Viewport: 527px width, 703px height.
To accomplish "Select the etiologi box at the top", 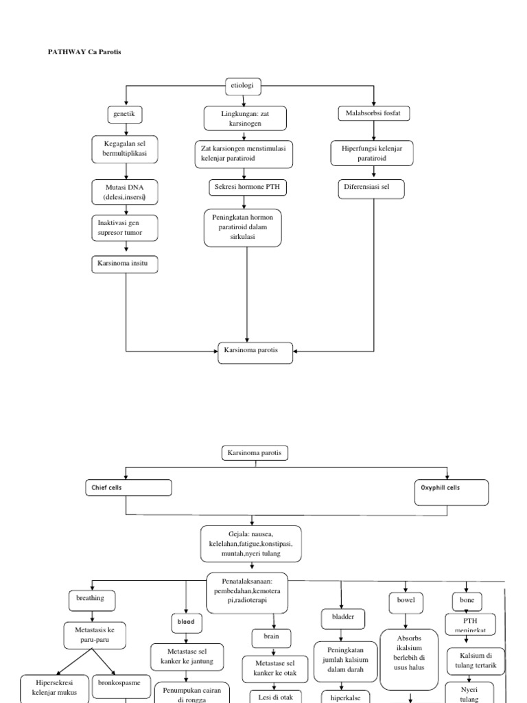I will pyautogui.click(x=243, y=87).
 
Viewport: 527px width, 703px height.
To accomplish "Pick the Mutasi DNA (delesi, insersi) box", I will pyautogui.click(x=126, y=192).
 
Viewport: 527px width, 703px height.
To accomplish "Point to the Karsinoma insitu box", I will pyautogui.click(x=125, y=264).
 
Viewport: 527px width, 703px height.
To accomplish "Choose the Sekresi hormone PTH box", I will pyautogui.click(x=246, y=188).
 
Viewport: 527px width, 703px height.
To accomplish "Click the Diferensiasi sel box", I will pyautogui.click(x=371, y=188).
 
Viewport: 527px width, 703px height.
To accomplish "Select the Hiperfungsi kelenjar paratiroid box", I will pyautogui.click(x=371, y=154).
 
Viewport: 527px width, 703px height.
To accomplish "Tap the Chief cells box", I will pyautogui.click(x=128, y=488).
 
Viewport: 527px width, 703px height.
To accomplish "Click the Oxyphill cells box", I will pyautogui.click(x=451, y=492).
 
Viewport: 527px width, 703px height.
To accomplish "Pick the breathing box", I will pyautogui.click(x=90, y=599).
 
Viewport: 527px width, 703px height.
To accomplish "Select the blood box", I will pyautogui.click(x=187, y=622).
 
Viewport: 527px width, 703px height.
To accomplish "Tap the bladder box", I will pyautogui.click(x=342, y=618).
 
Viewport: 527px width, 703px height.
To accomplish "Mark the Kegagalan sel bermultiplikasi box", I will pyautogui.click(x=125, y=150).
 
